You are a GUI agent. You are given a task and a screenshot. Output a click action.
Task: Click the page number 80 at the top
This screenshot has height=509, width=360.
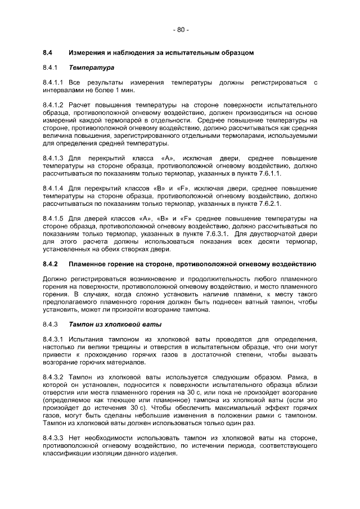[x=180, y=29]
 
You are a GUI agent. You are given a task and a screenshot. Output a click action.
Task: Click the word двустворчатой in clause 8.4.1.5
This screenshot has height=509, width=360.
[x=277, y=233]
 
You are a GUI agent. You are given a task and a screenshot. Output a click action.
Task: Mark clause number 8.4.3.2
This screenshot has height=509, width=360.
[x=55, y=376]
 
